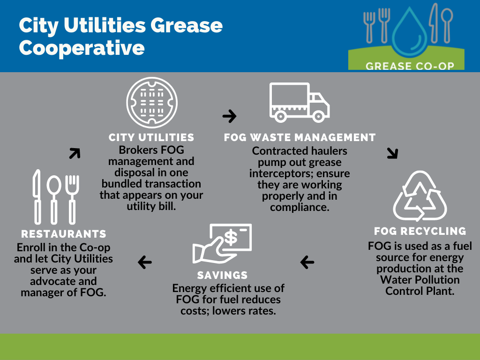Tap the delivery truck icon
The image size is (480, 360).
point(300,103)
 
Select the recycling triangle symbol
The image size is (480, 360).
point(420,196)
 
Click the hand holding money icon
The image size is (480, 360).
point(222,244)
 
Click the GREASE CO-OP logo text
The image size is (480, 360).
point(410,66)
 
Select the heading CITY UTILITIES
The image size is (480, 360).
point(151,137)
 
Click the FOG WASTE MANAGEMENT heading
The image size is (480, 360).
point(300,137)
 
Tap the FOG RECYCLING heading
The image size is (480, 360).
point(420,231)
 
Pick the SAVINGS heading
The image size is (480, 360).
point(222,275)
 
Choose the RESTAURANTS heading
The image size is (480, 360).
point(64,234)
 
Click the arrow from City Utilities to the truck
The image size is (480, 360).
point(230,116)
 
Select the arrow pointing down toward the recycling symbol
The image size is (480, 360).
point(392,153)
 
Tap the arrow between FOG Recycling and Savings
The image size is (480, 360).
point(307,262)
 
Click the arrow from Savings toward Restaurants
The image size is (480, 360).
point(145,262)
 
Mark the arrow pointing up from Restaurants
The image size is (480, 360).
point(75,153)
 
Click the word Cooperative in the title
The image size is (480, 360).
point(82,48)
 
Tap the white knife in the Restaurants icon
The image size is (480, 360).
point(37,196)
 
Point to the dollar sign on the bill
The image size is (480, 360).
point(231,238)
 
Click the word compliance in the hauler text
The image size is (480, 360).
point(300,208)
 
